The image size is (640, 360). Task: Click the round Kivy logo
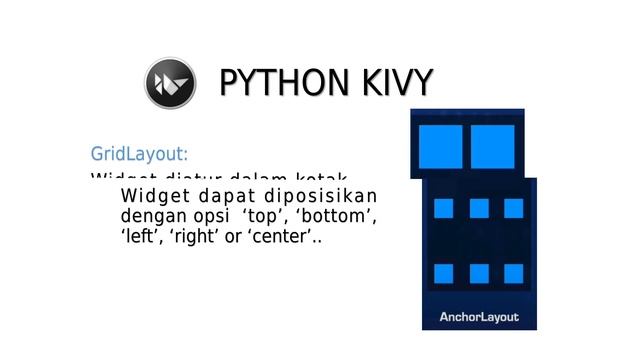(169, 83)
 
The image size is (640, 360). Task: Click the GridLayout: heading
(139, 154)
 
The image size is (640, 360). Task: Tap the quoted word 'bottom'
(337, 216)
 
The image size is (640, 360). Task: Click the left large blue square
(441, 146)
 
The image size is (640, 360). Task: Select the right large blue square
(492, 146)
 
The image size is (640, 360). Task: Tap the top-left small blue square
(444, 208)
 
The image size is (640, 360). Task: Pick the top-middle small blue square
(479, 208)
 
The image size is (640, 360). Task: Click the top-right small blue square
(513, 208)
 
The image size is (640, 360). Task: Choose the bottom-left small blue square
(444, 273)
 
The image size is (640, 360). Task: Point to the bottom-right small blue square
(513, 273)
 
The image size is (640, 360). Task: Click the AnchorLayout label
(479, 317)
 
